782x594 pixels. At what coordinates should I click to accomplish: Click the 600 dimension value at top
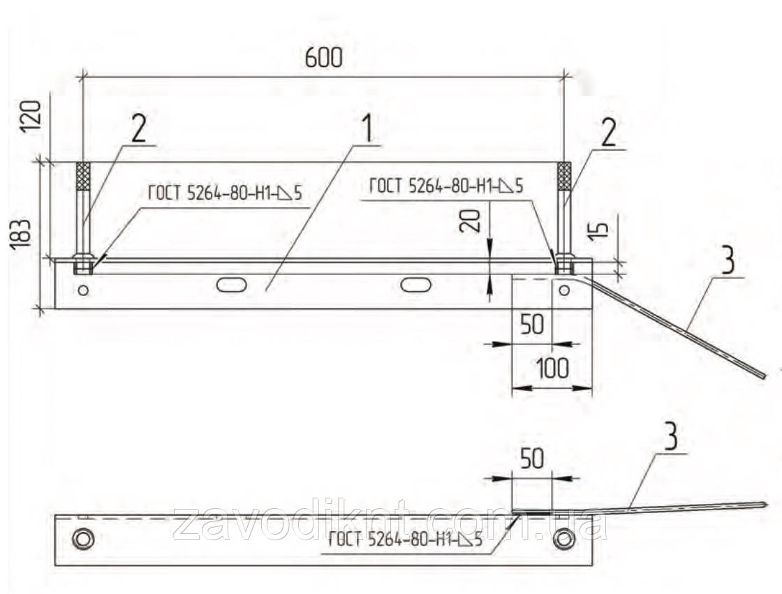(324, 59)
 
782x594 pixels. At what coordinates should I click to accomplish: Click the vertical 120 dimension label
(31, 116)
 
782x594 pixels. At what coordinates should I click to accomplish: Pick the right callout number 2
(608, 132)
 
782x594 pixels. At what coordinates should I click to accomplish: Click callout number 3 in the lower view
(671, 437)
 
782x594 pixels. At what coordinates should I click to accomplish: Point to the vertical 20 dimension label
(472, 221)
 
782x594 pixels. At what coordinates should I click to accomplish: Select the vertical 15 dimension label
(601, 228)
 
